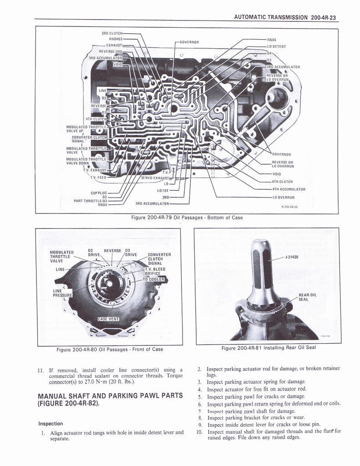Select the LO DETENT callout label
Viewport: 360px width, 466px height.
pyautogui.click(x=276, y=46)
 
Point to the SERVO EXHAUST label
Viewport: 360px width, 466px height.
pyautogui.click(x=155, y=177)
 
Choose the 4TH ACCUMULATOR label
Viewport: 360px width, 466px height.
pyautogui.click(x=288, y=189)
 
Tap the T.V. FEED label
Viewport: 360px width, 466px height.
pyautogui.click(x=98, y=177)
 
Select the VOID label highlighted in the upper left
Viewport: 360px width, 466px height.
pyautogui.click(x=117, y=65)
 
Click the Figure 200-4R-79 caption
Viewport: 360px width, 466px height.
pyautogui.click(x=187, y=218)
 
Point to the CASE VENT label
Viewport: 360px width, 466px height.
pyautogui.click(x=108, y=318)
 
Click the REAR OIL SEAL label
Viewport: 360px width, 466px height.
pyautogui.click(x=308, y=297)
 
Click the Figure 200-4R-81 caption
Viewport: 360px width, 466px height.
pyautogui.click(x=268, y=348)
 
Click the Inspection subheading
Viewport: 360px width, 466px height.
pyautogui.click(x=51, y=424)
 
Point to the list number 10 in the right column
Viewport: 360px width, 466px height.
pyautogui.click(x=199, y=431)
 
